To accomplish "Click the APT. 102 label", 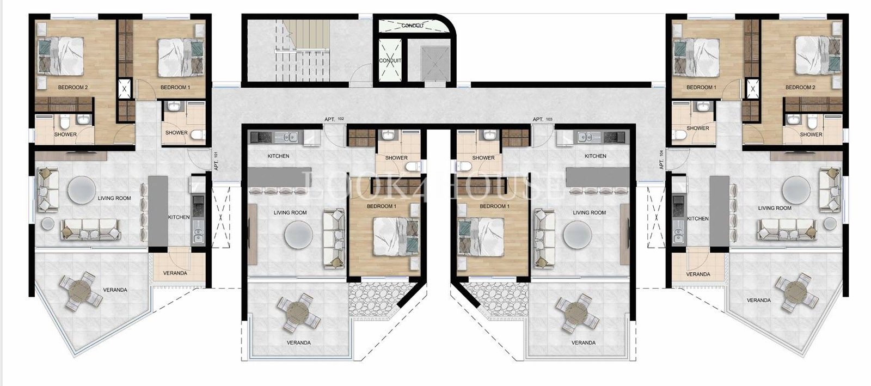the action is (334, 119).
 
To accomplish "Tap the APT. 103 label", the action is (542, 119).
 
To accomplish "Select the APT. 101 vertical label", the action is (216, 161).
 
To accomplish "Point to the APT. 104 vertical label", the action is (661, 160).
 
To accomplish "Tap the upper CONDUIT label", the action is (413, 26).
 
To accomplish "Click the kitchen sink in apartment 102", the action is (289, 137).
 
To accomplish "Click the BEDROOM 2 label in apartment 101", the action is (73, 88).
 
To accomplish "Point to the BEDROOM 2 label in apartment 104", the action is (800, 88).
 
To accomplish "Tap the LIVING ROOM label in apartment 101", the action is (114, 198).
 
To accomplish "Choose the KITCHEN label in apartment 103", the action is (596, 156).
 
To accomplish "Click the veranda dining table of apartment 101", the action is (81, 291).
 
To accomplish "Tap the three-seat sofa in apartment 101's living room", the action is (90, 229).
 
